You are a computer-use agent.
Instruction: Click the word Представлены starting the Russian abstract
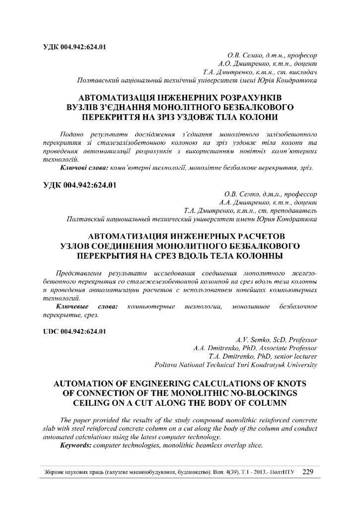tap(79, 273)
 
